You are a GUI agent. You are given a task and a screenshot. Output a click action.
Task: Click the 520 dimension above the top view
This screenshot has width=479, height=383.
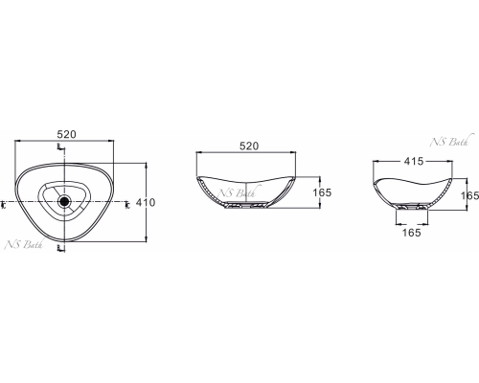[67, 134]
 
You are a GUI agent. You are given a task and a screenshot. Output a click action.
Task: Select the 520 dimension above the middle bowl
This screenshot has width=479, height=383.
[249, 146]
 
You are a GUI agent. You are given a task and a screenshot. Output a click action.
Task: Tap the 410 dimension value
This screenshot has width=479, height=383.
[146, 202]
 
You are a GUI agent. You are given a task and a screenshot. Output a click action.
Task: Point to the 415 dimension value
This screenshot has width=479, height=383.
[414, 161]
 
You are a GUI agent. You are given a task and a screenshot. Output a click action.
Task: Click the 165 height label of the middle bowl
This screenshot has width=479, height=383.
[322, 192]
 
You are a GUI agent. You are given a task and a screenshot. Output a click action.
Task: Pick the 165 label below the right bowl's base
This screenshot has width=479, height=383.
[411, 233]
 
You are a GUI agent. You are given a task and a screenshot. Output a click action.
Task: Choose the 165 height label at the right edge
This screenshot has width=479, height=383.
[469, 195]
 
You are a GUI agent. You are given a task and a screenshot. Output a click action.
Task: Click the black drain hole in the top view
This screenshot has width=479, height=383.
[64, 201]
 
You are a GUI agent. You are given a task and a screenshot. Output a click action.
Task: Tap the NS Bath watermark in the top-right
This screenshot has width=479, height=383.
[449, 142]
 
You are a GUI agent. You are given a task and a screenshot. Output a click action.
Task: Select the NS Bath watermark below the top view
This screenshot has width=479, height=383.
[24, 244]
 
